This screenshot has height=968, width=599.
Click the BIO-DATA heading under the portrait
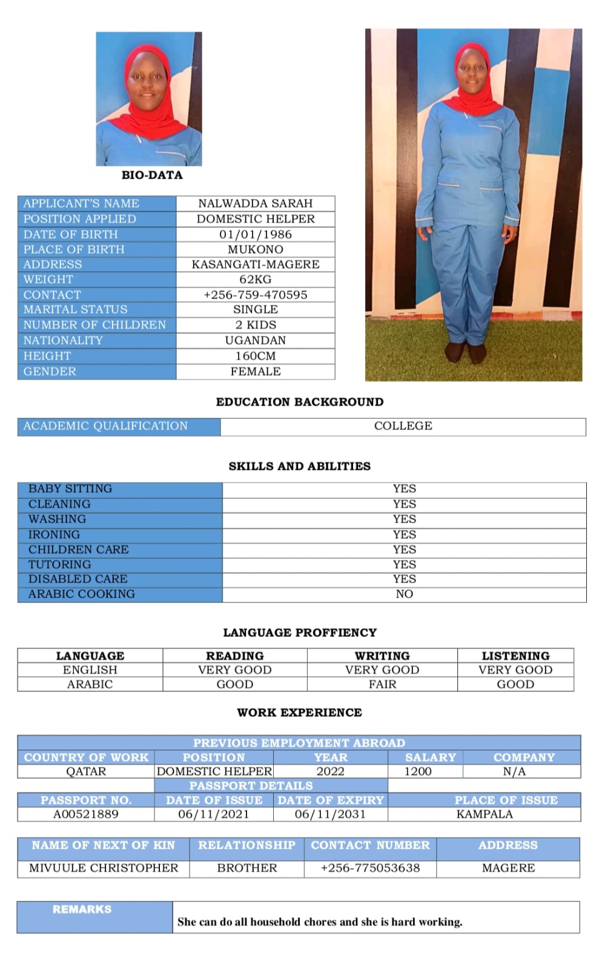click(152, 175)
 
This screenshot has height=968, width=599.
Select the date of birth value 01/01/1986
click(255, 234)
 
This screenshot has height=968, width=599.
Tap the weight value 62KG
click(255, 279)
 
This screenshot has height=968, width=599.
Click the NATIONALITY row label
click(63, 340)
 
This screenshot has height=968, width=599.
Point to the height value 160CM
click(255, 356)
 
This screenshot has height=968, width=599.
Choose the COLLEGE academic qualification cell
click(403, 426)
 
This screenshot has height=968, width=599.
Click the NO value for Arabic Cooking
click(404, 594)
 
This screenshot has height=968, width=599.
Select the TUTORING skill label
click(59, 564)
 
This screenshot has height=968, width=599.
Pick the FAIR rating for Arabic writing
click(382, 684)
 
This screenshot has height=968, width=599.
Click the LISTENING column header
click(515, 656)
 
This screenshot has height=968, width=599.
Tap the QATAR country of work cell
click(86, 771)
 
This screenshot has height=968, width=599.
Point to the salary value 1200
click(418, 771)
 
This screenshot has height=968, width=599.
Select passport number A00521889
click(86, 814)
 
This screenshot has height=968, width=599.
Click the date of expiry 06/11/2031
click(330, 814)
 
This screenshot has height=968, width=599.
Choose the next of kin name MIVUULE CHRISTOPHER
click(104, 868)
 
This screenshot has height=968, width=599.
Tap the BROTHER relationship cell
click(247, 868)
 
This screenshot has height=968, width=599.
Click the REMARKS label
click(82, 909)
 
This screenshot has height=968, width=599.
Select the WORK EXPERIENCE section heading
click(299, 713)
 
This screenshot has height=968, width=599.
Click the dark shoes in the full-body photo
click(465, 352)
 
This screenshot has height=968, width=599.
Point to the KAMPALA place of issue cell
click(485, 814)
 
